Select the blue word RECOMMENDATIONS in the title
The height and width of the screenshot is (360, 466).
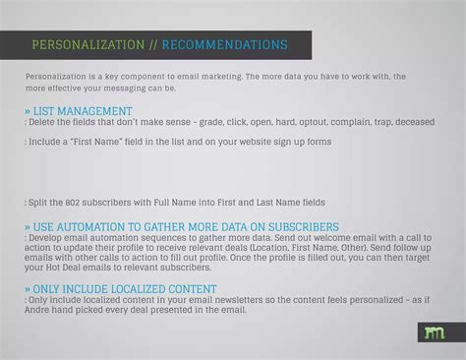point(224,45)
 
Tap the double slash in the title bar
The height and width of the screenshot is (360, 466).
point(153,45)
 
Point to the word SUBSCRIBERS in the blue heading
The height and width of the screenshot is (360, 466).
point(294,226)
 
